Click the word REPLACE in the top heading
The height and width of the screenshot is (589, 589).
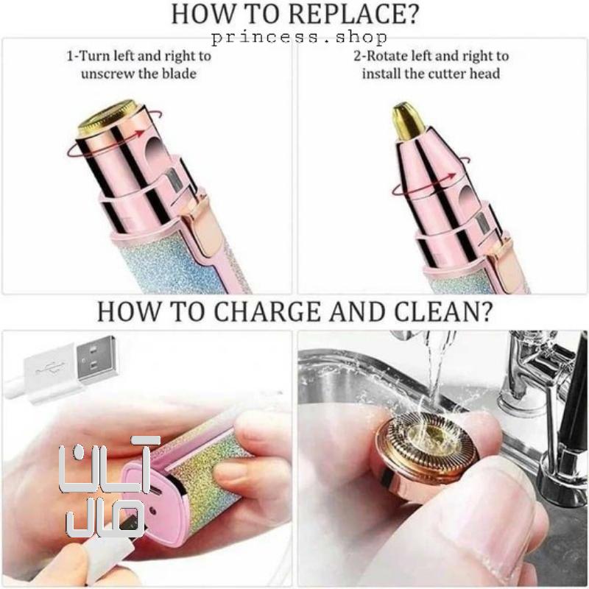(353, 14)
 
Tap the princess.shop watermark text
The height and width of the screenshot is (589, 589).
(299, 37)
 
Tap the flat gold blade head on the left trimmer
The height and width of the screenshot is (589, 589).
(106, 117)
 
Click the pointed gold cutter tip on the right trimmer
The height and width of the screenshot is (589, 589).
(406, 120)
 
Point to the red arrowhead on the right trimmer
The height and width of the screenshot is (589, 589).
(451, 176)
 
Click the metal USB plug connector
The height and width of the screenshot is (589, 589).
(96, 357)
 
